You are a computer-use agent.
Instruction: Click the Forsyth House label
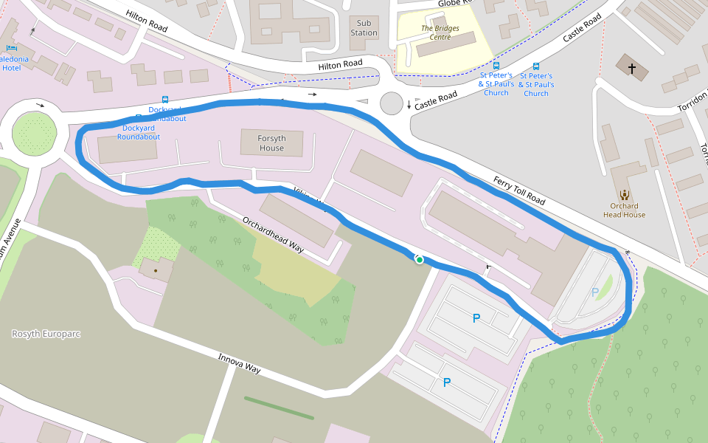pos(271,143)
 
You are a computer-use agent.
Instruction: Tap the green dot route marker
pos(419,259)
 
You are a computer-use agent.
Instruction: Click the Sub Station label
pos(364,28)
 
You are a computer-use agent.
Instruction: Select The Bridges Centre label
pos(440,32)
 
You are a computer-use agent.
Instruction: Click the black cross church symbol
pos(631,69)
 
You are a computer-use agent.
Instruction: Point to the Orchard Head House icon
pos(625,195)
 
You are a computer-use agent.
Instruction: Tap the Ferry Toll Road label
pos(518,190)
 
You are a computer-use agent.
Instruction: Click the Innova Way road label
pos(239,363)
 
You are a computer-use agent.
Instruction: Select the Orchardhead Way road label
pos(273,235)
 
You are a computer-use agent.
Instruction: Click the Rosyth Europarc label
pos(46,334)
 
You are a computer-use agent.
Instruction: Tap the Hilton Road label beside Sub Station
pos(340,66)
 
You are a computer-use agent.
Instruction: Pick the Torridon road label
pos(692,104)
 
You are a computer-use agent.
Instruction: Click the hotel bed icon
pos(32,31)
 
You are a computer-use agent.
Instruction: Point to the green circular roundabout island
pos(35,134)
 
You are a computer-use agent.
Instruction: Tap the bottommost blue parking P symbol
pos(446,382)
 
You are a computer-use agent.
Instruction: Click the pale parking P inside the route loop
pos(595,292)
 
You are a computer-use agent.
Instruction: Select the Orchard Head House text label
pos(624,210)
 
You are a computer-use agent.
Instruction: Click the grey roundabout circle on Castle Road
pos(392,104)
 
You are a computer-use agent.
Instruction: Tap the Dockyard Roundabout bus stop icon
pos(164,100)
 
